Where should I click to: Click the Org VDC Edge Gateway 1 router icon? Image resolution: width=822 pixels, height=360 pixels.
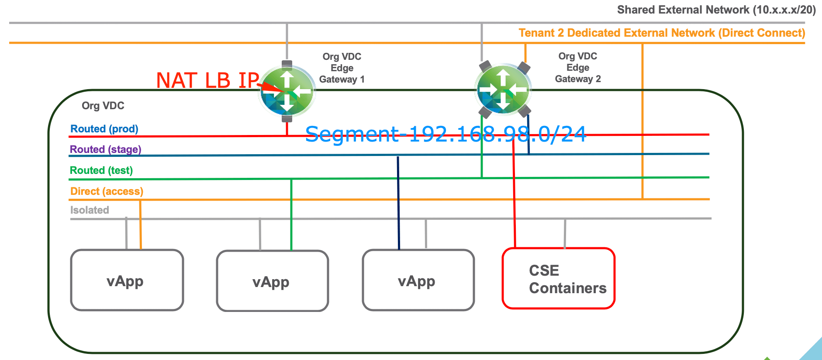287,91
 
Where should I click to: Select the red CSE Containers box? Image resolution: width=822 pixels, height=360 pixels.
559,279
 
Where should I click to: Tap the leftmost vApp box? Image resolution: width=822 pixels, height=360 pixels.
127,280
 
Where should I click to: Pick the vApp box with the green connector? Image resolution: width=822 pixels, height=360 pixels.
272,281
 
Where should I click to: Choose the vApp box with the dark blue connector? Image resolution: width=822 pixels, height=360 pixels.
418,280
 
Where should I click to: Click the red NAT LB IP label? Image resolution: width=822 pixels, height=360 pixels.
207,80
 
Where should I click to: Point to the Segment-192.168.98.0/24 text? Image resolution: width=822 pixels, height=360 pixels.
446,134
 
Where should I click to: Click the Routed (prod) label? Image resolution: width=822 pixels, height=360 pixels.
104,129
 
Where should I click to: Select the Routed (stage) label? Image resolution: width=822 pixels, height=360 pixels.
106,149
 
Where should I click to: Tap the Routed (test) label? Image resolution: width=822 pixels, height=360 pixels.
101,170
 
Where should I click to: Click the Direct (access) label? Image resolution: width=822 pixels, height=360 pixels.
107,191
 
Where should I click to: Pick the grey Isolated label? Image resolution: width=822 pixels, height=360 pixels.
90,210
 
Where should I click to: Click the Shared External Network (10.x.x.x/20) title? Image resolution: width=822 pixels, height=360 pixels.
716,10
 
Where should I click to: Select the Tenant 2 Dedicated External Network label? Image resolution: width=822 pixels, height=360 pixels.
662,33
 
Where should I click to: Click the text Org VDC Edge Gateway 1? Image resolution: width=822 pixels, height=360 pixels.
342,68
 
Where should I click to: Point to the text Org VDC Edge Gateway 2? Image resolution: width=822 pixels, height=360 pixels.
578,68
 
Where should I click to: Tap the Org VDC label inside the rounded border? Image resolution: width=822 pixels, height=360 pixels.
103,106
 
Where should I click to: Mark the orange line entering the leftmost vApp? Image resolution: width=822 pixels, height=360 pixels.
140,225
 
